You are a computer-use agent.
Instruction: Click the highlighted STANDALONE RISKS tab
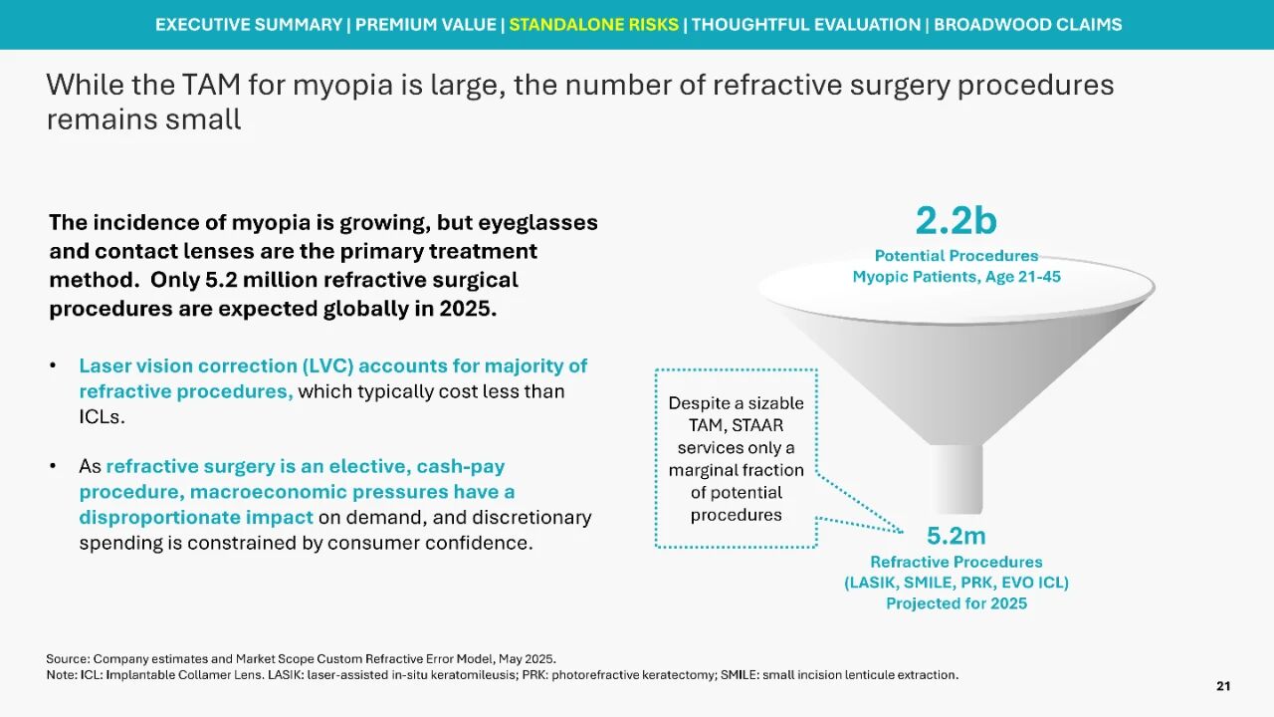click(594, 25)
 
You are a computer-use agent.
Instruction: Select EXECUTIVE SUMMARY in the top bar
click(249, 25)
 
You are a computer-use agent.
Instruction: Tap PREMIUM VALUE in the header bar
click(425, 25)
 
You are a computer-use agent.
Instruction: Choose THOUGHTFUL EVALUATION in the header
click(806, 25)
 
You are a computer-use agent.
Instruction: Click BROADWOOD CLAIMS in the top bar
click(1028, 25)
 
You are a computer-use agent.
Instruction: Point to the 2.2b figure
click(956, 220)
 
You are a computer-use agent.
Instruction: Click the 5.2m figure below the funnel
click(956, 536)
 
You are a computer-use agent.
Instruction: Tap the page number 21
click(1223, 686)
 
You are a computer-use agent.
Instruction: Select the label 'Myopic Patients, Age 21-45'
click(956, 277)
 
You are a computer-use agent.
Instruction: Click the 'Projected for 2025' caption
click(956, 603)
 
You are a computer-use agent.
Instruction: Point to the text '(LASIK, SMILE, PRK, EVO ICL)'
click(956, 583)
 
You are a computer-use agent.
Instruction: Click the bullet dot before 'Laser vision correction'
click(54, 366)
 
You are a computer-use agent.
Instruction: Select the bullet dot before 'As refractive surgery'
click(54, 467)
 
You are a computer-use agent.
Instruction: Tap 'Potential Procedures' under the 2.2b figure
click(956, 256)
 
